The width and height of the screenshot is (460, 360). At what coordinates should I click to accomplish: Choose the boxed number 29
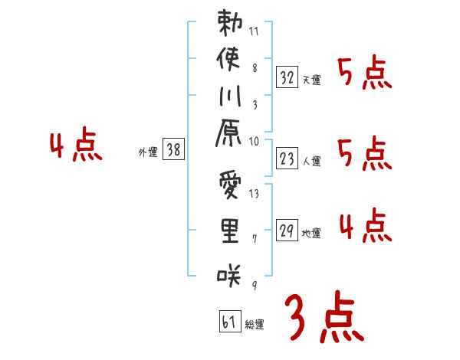[286, 230]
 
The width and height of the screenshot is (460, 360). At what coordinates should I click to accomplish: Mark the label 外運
[148, 152]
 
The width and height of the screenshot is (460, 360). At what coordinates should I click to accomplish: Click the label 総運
[255, 325]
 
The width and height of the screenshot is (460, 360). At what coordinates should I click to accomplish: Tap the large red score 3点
[323, 318]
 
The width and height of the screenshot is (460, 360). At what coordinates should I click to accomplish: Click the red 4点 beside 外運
[75, 146]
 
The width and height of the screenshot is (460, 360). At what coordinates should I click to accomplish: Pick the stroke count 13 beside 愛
[255, 193]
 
